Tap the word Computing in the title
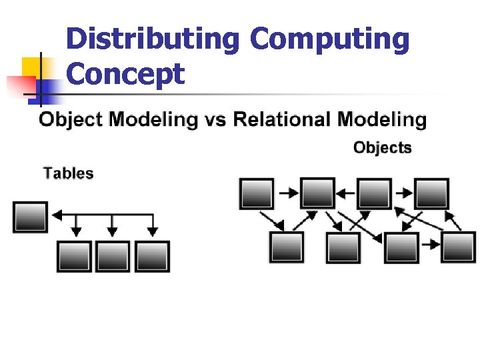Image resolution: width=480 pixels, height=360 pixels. click(x=329, y=40)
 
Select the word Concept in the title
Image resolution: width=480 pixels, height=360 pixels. click(x=125, y=74)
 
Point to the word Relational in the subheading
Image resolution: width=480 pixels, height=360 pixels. click(x=282, y=120)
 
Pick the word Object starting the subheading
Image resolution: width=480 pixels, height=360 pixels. click(x=71, y=120)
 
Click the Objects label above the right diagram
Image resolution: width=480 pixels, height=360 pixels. click(x=382, y=147)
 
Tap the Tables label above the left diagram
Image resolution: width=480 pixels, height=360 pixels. click(x=68, y=173)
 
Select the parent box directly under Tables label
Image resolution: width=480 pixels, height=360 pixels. click(x=30, y=217)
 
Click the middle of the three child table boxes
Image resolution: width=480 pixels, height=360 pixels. click(x=112, y=256)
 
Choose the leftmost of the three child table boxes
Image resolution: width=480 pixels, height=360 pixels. click(x=73, y=256)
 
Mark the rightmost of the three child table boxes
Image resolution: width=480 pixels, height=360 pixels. click(x=152, y=256)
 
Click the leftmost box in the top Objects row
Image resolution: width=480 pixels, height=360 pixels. click(x=257, y=194)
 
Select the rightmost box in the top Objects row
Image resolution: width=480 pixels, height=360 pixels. click(x=431, y=194)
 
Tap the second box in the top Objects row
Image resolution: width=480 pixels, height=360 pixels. click(x=317, y=194)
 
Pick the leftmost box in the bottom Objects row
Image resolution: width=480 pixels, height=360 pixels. click(x=286, y=247)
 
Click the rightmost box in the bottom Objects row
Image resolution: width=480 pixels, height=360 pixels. click(x=459, y=247)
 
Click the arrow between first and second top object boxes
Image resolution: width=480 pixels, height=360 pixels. click(x=288, y=193)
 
